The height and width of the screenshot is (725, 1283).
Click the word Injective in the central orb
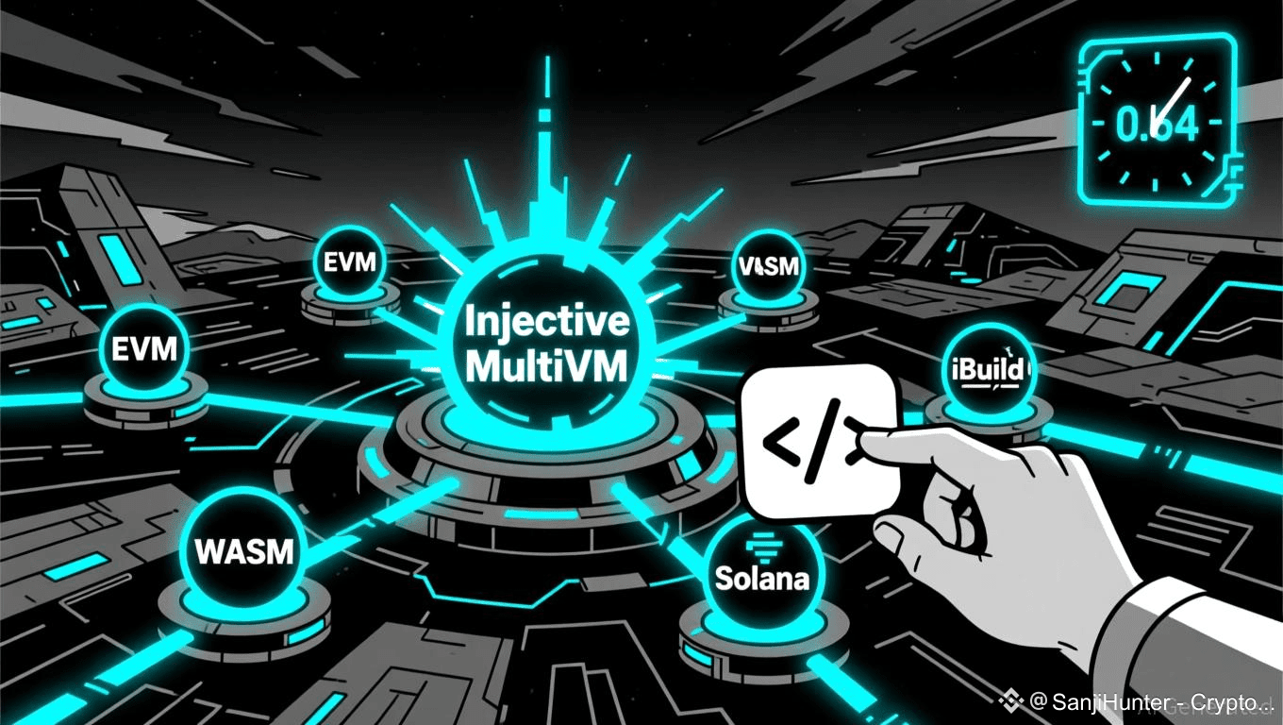[x=547, y=323]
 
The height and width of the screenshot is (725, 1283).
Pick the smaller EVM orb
[x=350, y=261]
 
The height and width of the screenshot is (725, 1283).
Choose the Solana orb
[x=762, y=571]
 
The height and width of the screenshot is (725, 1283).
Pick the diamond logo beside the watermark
[x=1012, y=701]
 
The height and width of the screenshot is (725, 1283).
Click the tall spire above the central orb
[x=544, y=142]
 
